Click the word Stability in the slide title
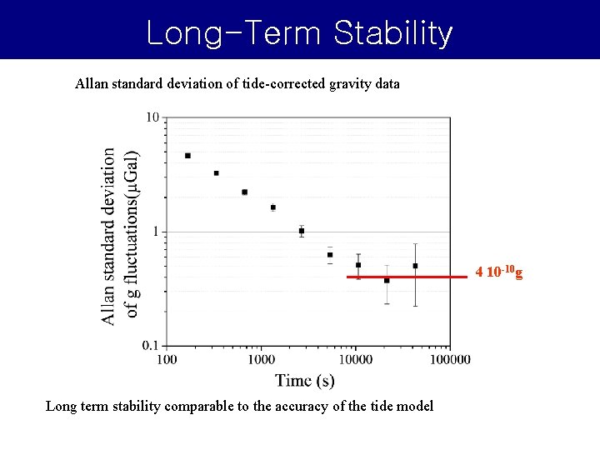coord(393,33)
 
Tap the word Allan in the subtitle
coord(92,83)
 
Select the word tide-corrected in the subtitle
coord(280,83)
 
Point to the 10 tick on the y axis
coord(152,117)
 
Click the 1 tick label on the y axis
coord(156,231)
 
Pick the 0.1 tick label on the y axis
coord(150,345)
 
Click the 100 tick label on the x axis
coord(167,359)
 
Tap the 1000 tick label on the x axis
coord(261,359)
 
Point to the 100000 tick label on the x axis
coord(450,359)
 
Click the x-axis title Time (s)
coord(305,381)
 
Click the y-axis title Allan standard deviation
coord(109,236)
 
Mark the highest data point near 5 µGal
coord(187,156)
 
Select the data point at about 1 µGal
coord(302,231)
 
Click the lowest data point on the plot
coord(387,280)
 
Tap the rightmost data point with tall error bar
coord(415,266)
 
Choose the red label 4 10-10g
coord(498,272)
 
